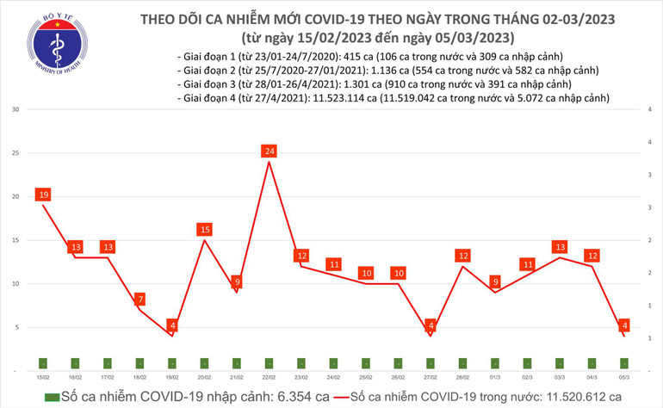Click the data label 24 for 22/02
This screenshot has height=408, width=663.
coord(270,151)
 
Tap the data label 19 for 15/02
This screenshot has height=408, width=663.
coord(42,195)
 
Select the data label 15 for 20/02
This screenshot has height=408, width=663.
coord(205,230)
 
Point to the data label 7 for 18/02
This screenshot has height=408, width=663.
coord(139,300)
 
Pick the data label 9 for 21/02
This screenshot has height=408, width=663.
coord(237,282)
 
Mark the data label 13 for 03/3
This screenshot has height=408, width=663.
coord(561,247)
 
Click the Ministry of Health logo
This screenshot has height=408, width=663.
coord(58,47)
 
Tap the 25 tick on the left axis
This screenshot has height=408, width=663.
coord(16,153)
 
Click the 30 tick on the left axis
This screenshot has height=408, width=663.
coord(16,110)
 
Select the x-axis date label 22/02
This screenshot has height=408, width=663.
coord(270,377)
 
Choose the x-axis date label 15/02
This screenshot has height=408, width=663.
coord(42,377)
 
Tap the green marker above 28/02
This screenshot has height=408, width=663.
coord(463,363)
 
